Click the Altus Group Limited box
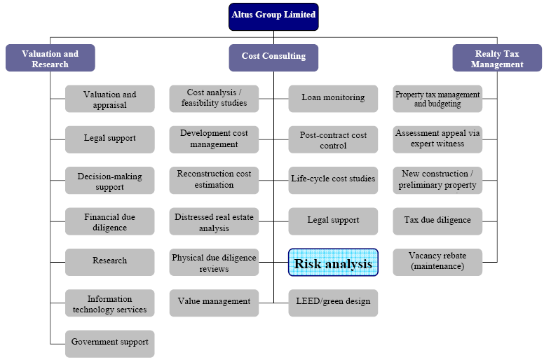(273, 16)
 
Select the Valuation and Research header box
(50, 58)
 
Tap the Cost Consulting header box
(273, 57)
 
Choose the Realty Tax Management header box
(497, 58)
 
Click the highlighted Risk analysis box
(334, 262)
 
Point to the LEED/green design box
(334, 303)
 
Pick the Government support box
(110, 343)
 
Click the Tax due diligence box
(437, 221)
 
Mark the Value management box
(214, 303)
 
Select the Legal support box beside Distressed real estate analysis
(334, 221)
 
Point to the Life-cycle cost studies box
(334, 180)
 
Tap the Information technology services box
(110, 303)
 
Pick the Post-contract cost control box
(334, 139)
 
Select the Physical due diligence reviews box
(214, 262)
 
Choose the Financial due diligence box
(110, 221)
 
